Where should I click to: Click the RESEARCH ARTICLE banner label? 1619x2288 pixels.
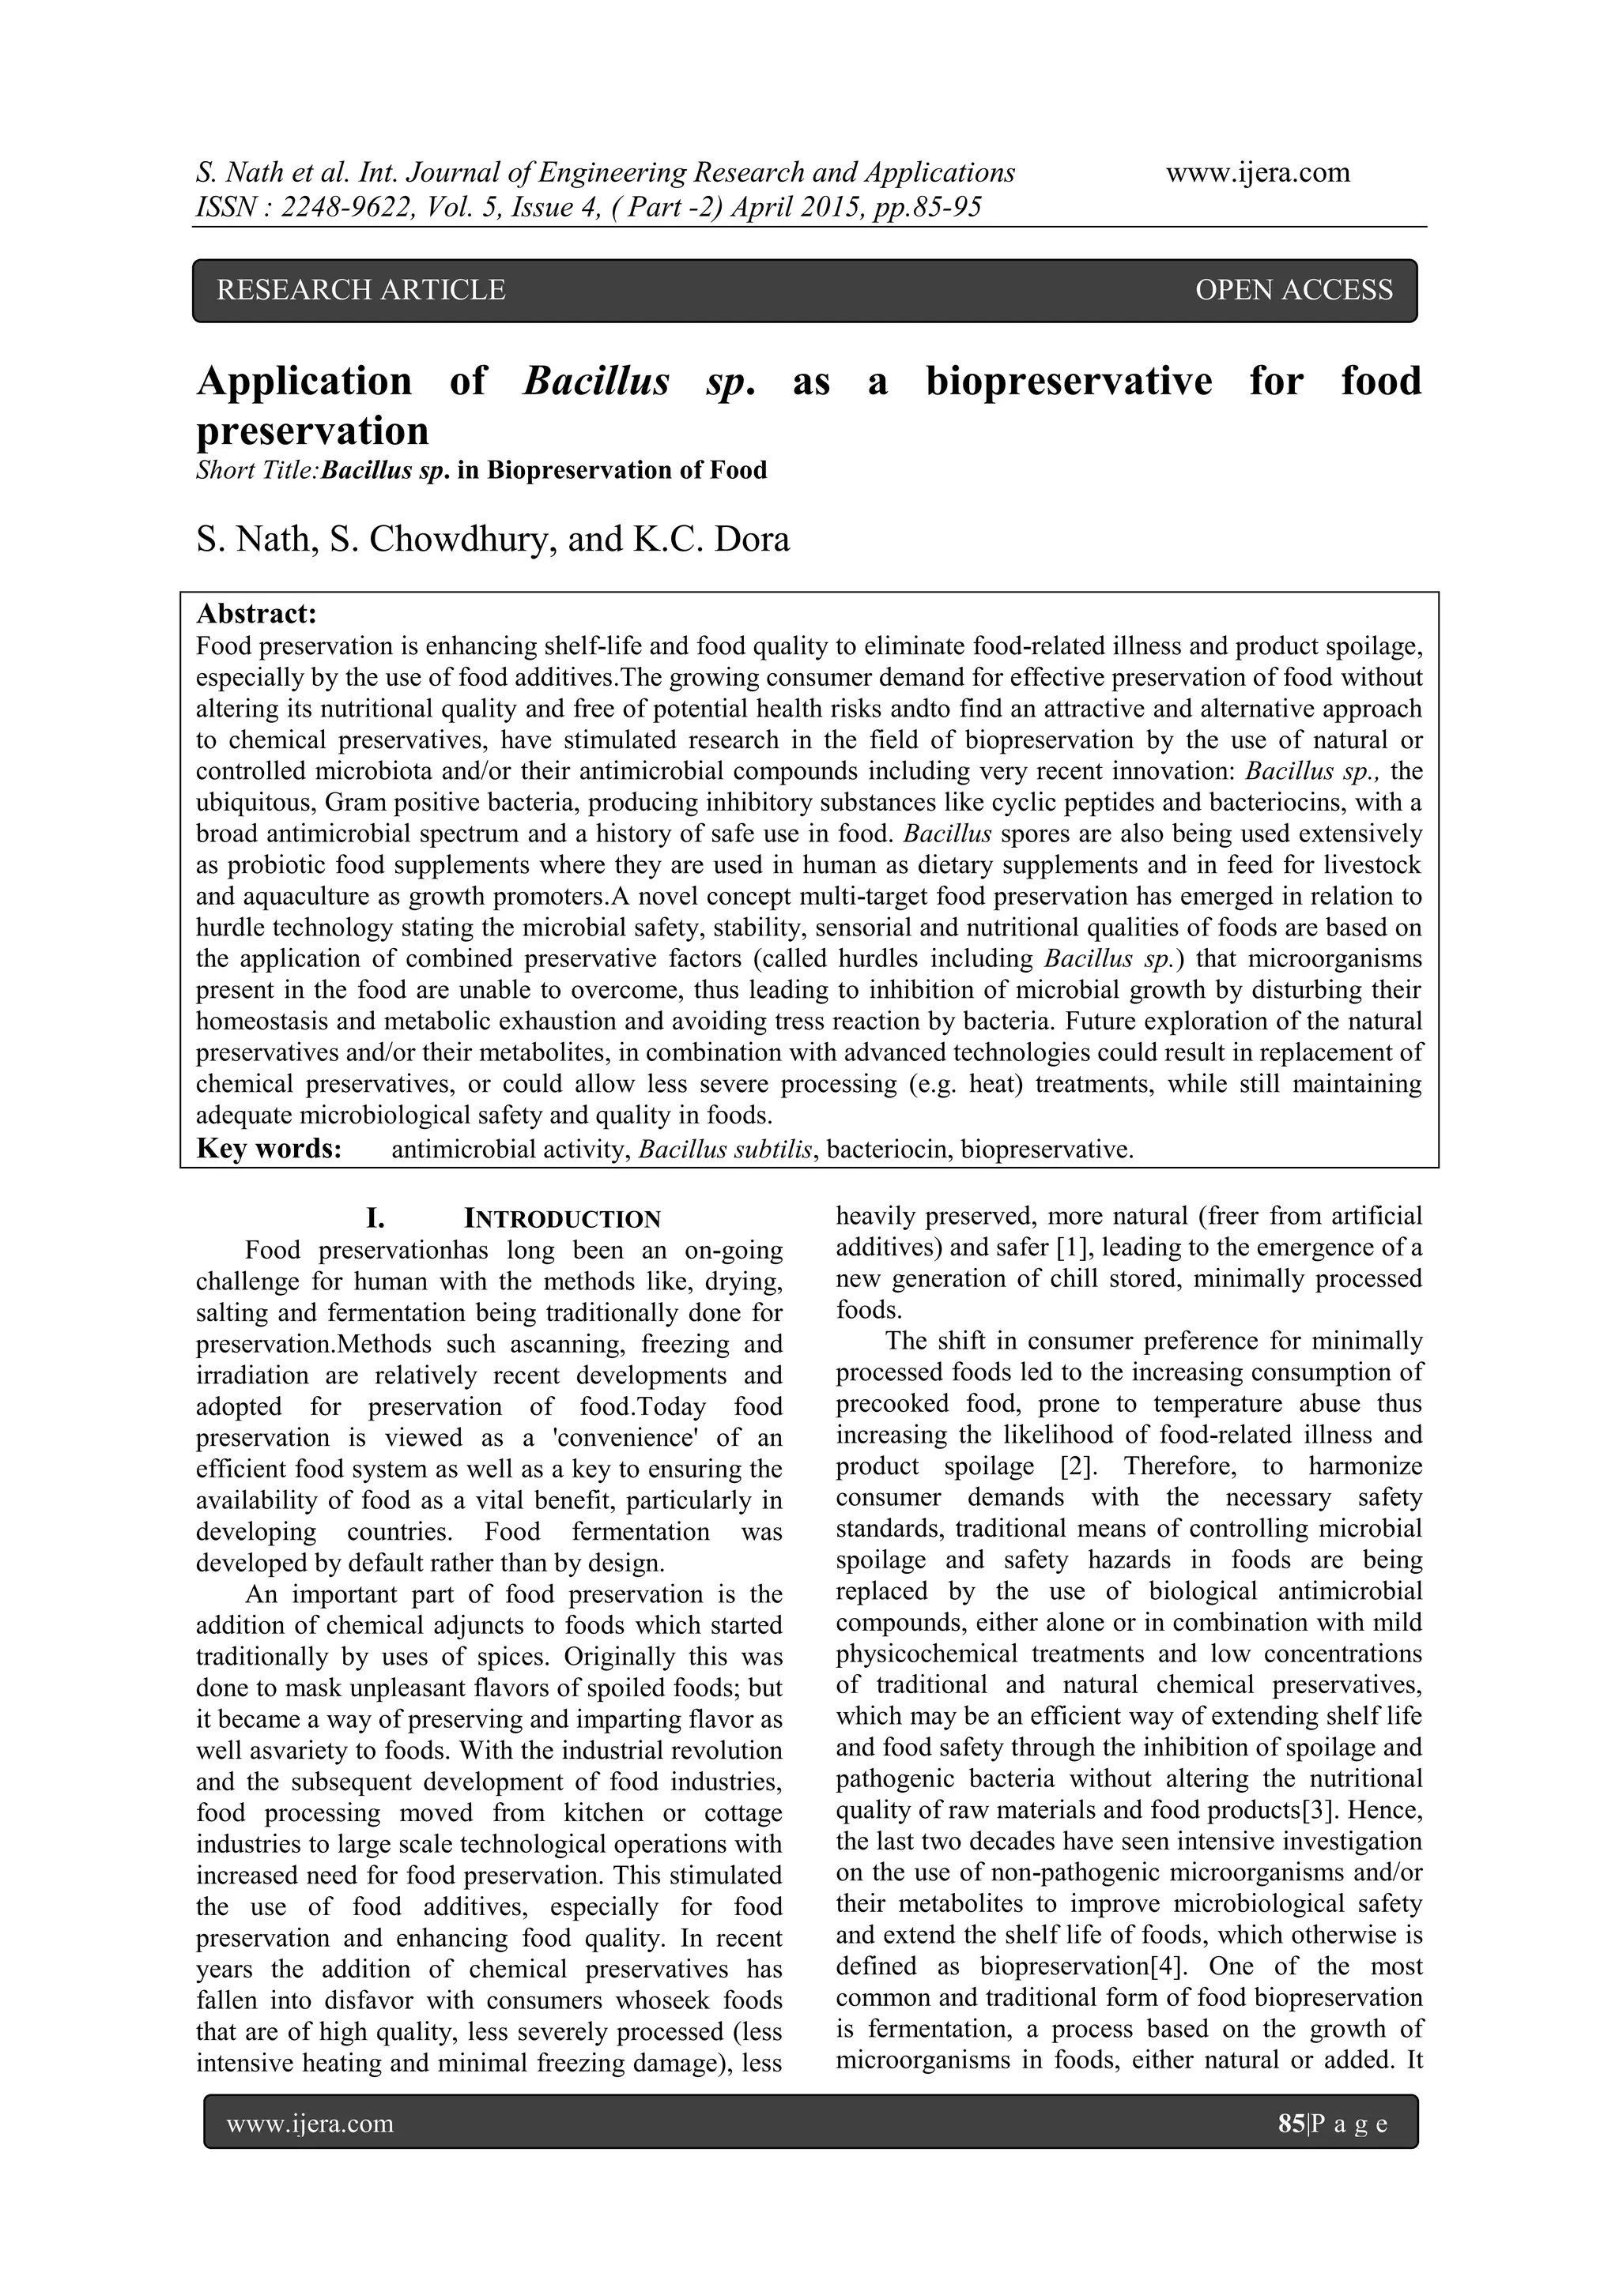(x=361, y=290)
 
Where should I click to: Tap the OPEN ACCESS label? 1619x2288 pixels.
(x=1293, y=290)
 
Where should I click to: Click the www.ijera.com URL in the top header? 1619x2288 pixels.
(x=1258, y=172)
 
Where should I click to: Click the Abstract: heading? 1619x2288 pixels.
(x=257, y=613)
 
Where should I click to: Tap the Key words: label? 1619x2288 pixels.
(x=269, y=1149)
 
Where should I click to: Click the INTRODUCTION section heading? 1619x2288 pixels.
(x=562, y=1219)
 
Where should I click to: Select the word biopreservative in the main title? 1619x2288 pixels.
(x=1069, y=382)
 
